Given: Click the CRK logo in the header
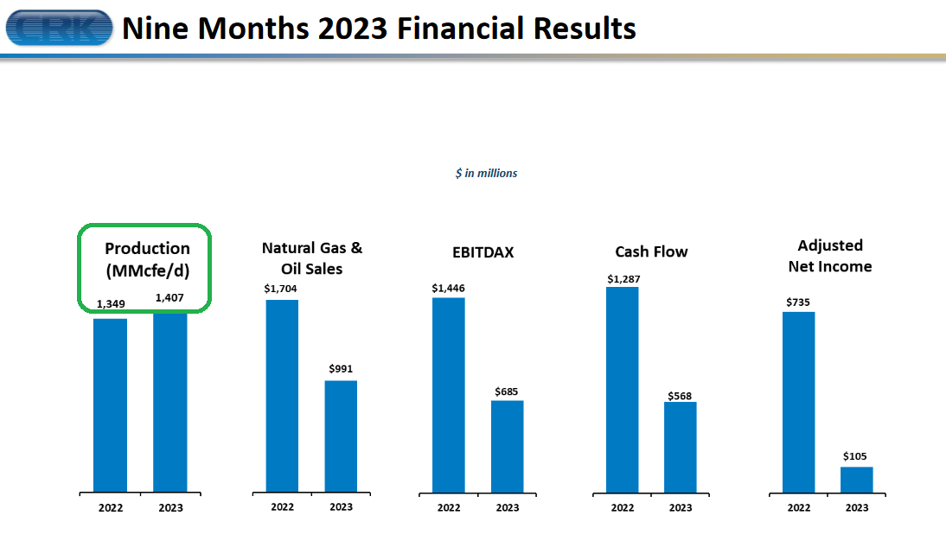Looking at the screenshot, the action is coord(59,28).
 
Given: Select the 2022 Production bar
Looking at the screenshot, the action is coord(111,405).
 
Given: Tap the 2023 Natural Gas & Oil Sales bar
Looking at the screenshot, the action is coord(341,436).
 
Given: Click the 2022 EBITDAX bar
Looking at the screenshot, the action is coord(448,396).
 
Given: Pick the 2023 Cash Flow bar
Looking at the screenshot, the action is coord(681,448).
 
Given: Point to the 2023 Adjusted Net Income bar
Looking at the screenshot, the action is coord(857,480).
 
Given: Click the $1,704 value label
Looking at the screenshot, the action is coord(280,289).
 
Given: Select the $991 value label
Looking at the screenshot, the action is coord(341,369).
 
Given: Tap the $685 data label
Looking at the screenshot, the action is coord(506,391).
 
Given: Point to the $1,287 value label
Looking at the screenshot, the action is coord(623,279).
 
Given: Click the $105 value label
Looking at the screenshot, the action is coord(855,456).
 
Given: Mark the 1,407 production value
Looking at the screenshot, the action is coord(169,298).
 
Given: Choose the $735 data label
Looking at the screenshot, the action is coord(798,302).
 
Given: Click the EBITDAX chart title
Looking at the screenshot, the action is coord(483,252).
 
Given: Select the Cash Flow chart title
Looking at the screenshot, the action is coord(652,252).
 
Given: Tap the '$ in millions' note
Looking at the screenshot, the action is coord(486,174).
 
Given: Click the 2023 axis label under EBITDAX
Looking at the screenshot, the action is coord(508,507).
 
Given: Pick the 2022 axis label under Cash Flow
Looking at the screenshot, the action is coord(623,507).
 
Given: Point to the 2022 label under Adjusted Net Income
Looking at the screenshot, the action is coord(799,507).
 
